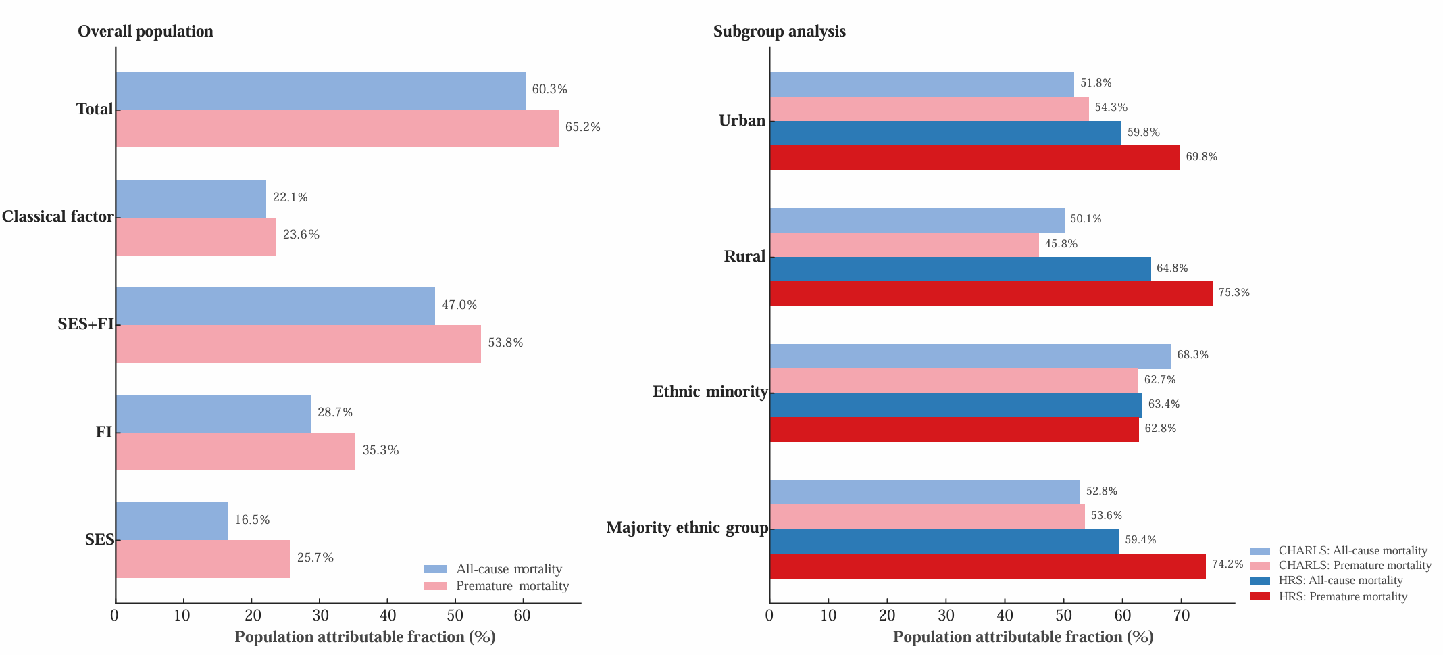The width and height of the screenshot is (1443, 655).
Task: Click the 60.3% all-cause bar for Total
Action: pos(320,91)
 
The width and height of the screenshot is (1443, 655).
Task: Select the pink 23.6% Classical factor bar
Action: pos(196,237)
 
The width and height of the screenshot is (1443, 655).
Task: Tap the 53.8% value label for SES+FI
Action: pos(505,343)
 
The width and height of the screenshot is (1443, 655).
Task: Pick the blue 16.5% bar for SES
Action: pos(172,521)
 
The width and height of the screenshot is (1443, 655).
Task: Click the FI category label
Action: pos(103,432)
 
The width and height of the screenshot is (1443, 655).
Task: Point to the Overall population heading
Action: pos(145,31)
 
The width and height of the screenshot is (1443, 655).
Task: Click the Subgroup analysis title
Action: pos(779,31)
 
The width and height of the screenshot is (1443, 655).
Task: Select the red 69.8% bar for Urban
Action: pos(974,157)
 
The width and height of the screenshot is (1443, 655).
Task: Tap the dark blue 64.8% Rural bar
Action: pos(960,269)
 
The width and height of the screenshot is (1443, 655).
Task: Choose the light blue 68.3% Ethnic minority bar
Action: pos(970,356)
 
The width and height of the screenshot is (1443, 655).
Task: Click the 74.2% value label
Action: pos(1227,564)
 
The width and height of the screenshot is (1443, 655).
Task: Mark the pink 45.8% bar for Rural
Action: pos(904,245)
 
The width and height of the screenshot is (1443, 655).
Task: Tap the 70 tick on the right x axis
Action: pos(1181,615)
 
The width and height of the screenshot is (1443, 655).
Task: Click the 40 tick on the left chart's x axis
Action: pos(388,615)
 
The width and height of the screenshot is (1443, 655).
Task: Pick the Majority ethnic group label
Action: pos(687,527)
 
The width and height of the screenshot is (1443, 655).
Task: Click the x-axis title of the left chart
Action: pos(365,637)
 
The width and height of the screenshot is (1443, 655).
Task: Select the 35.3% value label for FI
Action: pos(380,450)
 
